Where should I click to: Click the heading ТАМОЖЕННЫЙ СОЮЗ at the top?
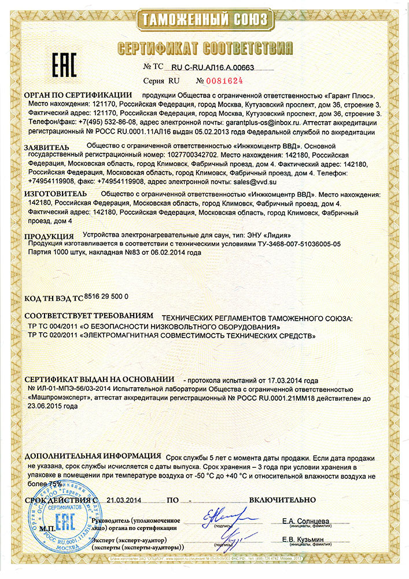click(204, 20)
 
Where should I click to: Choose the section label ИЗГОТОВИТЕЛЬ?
click(56, 193)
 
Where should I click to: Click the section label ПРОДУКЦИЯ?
click(49, 236)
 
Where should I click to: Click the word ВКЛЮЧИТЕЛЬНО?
click(282, 499)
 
